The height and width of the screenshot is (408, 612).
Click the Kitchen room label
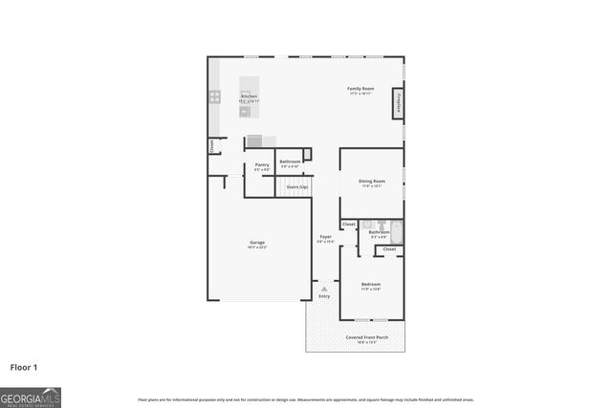[x=249, y=97]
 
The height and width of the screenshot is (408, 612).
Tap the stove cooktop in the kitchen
[x=215, y=96]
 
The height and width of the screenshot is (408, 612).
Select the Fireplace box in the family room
[x=398, y=103]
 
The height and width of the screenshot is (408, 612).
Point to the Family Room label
[x=361, y=89]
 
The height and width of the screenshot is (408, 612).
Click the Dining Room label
[x=371, y=181]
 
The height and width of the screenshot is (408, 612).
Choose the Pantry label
[x=261, y=164]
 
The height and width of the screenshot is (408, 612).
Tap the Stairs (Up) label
[x=297, y=186]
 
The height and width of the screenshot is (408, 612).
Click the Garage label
[x=257, y=243]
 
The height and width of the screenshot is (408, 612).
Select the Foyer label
[x=325, y=236]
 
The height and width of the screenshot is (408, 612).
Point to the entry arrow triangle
[x=324, y=287]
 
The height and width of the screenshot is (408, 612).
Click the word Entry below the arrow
[x=324, y=296]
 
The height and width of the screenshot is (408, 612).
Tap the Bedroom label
[x=371, y=284]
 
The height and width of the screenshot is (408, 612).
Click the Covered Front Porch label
[x=366, y=336]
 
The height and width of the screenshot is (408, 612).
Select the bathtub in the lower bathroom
[x=399, y=231]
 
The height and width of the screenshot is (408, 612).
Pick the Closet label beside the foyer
[x=348, y=225]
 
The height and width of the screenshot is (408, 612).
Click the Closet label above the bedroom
[x=389, y=249]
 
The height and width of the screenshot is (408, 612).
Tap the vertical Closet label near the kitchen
[x=211, y=146]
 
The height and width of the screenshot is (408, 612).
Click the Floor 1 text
[x=24, y=366]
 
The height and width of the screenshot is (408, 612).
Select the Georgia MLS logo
[x=31, y=397]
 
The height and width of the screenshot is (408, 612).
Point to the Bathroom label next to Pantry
[x=290, y=162]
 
